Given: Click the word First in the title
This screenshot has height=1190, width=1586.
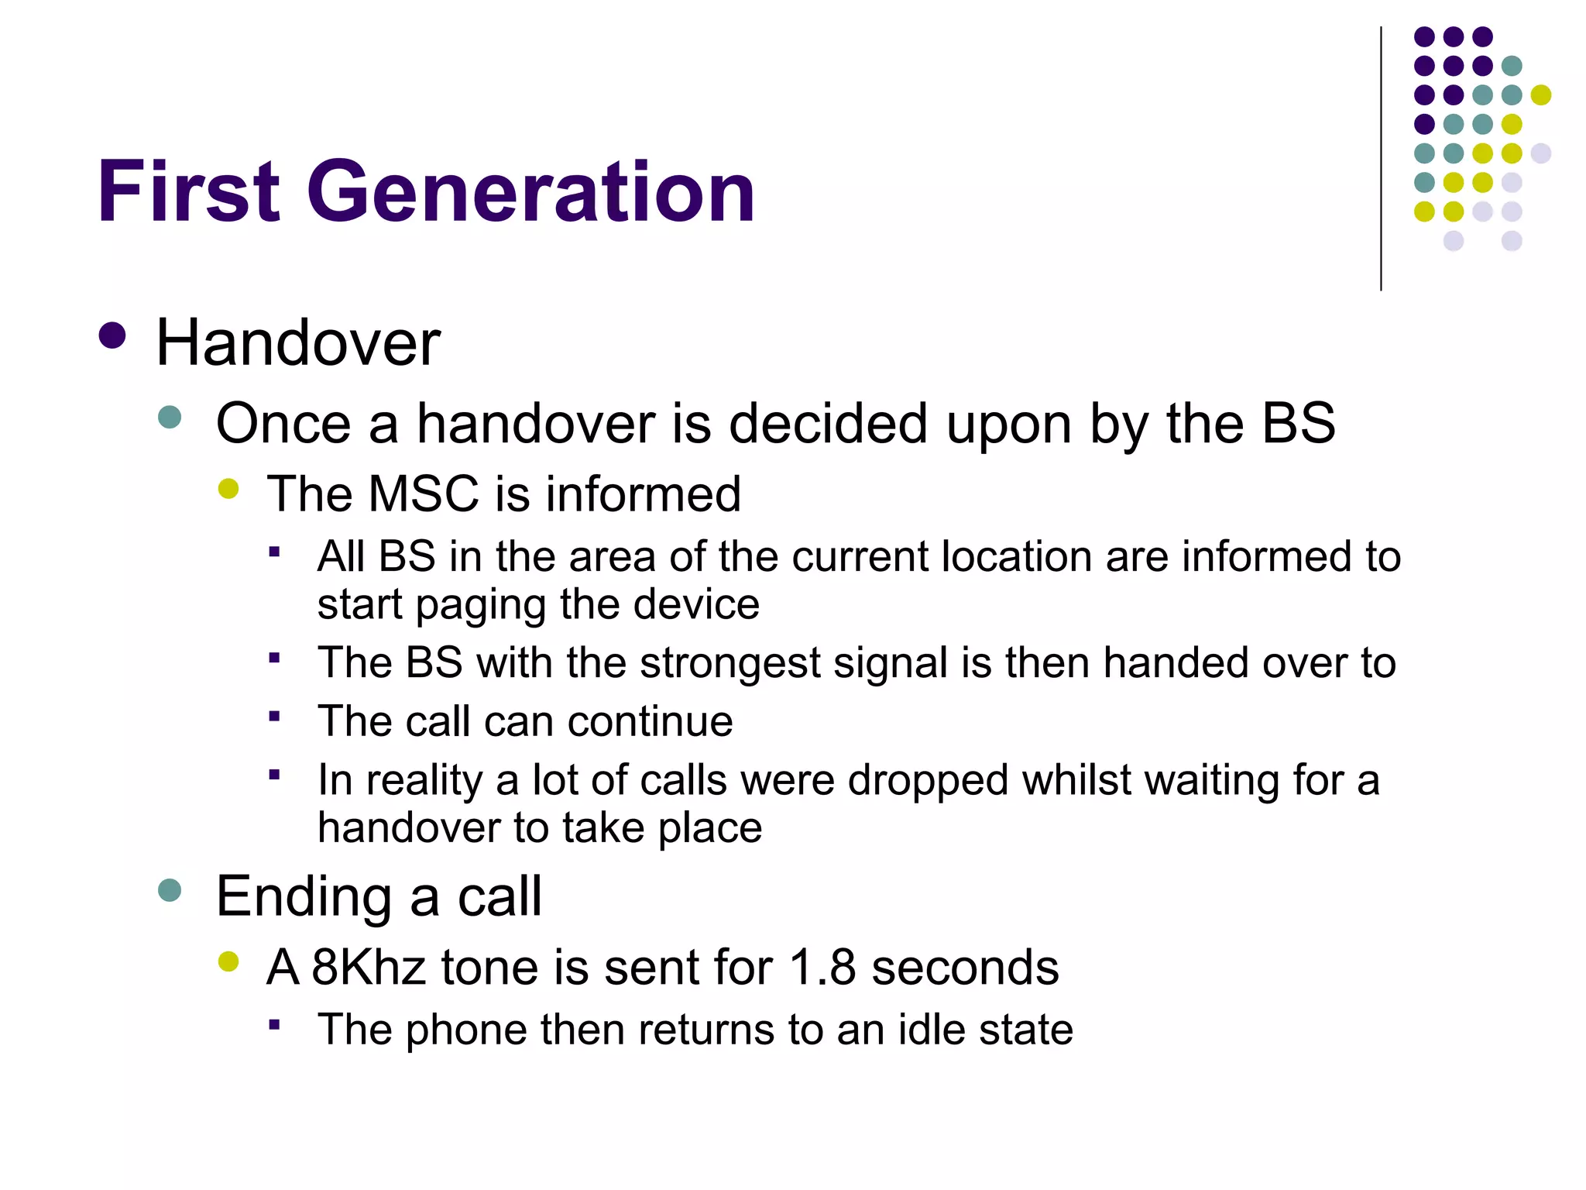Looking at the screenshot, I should [188, 191].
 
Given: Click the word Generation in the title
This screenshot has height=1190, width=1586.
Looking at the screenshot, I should [531, 191].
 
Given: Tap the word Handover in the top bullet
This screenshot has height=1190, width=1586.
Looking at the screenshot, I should [298, 342].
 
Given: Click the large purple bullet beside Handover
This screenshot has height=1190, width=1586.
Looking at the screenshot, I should [113, 336].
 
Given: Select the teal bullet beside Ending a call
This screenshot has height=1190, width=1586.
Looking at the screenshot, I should [170, 889].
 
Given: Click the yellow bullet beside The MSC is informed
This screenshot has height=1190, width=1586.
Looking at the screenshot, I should [228, 488].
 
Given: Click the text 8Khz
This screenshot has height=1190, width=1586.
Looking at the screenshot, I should [369, 968].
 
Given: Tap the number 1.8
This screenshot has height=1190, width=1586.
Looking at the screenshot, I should [822, 968].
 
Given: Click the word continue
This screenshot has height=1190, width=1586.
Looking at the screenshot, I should [650, 722].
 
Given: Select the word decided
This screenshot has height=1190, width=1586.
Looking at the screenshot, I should [828, 424].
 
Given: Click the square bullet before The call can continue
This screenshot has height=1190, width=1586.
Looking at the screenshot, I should [274, 716].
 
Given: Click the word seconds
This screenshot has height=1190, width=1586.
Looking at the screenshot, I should [965, 968].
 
